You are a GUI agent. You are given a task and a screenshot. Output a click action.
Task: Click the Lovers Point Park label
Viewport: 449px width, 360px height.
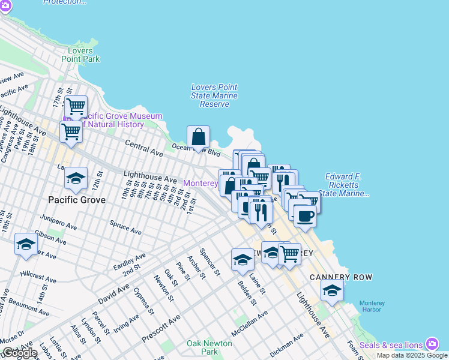coord(80,55)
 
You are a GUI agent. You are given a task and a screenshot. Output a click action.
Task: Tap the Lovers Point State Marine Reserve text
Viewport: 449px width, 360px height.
coord(214,95)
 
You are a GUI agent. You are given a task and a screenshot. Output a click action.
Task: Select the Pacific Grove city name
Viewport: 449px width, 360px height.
coord(75,199)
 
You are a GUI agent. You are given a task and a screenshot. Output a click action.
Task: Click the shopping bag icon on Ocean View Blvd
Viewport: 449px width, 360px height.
coord(198,137)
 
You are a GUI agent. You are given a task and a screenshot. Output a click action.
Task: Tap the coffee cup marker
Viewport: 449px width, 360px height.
coord(305,217)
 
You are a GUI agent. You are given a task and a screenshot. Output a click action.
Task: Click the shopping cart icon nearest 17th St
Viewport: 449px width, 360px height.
coord(76,107)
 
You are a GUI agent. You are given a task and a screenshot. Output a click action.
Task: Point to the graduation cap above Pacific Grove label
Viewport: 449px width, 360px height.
coord(76,178)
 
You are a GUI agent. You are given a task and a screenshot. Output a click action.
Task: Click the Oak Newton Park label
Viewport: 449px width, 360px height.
coord(202,347)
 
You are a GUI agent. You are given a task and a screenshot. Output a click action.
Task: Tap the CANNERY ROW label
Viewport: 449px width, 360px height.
coord(341,277)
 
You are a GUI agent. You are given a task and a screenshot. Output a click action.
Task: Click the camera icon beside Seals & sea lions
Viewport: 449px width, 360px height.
coord(432,344)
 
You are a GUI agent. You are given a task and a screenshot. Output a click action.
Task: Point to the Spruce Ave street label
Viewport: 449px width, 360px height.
coord(125,227)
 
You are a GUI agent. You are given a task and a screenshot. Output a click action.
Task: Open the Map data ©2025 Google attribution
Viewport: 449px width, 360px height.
coord(412,355)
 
